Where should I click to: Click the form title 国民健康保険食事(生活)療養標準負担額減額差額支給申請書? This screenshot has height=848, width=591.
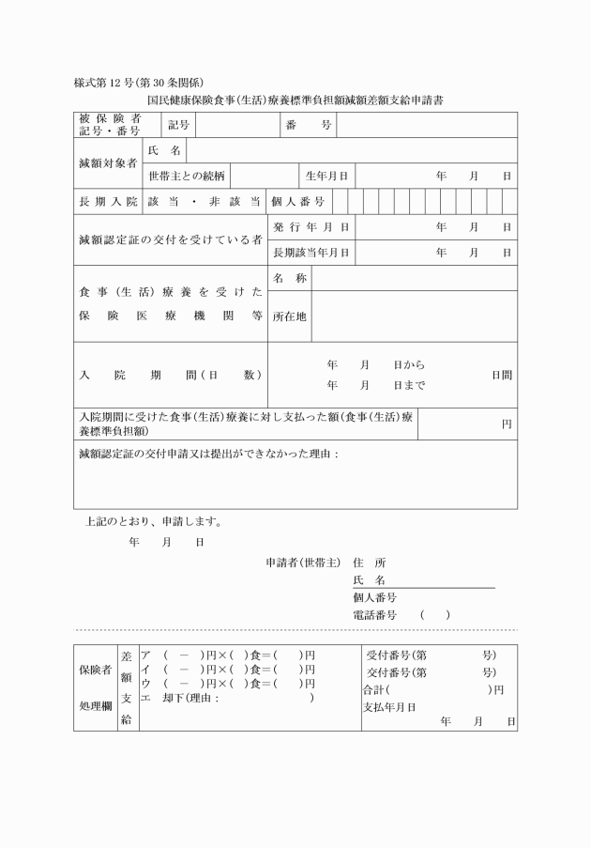295,98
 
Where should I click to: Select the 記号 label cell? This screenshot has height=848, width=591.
178,125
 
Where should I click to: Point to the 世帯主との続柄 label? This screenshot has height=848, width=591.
186,176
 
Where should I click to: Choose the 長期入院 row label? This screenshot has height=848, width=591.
108,201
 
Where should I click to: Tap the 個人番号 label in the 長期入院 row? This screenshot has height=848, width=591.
298,201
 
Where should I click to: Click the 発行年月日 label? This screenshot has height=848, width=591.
311,227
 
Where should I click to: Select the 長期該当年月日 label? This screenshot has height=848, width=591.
311,253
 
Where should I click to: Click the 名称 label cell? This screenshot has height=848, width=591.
289,279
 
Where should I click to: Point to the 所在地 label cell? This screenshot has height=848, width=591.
289,316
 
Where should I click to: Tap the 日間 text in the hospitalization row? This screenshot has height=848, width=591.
502,375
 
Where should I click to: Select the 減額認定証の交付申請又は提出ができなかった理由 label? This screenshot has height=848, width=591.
207,455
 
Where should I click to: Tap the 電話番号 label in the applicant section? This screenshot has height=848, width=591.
374,614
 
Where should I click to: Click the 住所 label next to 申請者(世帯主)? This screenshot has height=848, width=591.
369,563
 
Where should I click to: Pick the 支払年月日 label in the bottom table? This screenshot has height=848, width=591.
388,706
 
